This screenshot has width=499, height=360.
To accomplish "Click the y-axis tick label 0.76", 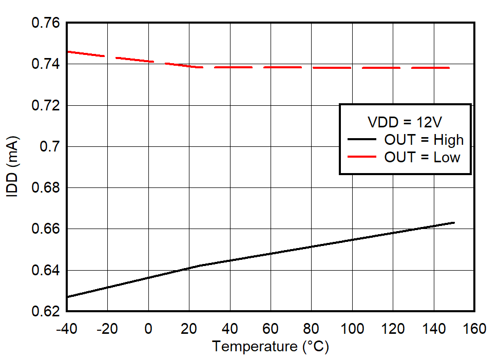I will (x=46, y=23).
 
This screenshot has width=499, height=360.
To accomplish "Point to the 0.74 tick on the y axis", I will (x=46, y=64).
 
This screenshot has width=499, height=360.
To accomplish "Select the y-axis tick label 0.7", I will (x=51, y=147).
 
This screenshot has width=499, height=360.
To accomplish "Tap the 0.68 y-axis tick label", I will (x=46, y=188).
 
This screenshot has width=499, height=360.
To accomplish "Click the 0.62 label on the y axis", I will (x=46, y=311).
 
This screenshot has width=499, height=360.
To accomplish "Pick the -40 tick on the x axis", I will (x=67, y=328).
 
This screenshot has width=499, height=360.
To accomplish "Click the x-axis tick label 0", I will (x=148, y=328).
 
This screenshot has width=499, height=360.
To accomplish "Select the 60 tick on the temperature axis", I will (x=271, y=328).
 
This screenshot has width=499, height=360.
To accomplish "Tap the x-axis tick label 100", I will (x=352, y=328).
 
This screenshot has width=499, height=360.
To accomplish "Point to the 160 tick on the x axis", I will (x=474, y=328).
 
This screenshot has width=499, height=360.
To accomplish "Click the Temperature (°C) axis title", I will (x=271, y=347).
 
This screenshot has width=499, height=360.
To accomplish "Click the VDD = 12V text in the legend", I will (x=405, y=122).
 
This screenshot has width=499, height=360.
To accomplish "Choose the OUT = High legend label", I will (x=424, y=140).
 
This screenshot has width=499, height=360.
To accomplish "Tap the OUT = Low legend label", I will (x=422, y=157).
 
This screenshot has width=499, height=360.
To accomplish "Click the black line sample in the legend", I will (x=363, y=140).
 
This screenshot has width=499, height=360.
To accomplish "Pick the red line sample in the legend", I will (x=363, y=157).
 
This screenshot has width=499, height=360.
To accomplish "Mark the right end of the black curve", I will (x=454, y=222).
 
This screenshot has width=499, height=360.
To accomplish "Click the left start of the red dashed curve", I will (x=68, y=51).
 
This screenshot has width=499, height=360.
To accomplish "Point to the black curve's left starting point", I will (x=68, y=297).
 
